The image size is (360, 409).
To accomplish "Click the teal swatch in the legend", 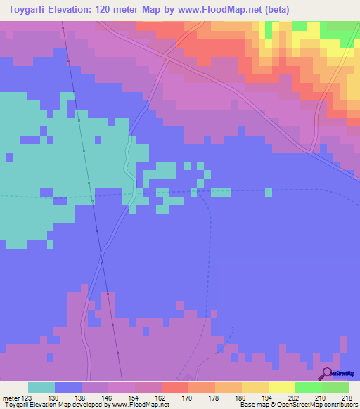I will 41,387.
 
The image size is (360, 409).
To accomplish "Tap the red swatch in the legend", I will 175,387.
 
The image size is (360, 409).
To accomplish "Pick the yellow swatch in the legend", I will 282,387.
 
